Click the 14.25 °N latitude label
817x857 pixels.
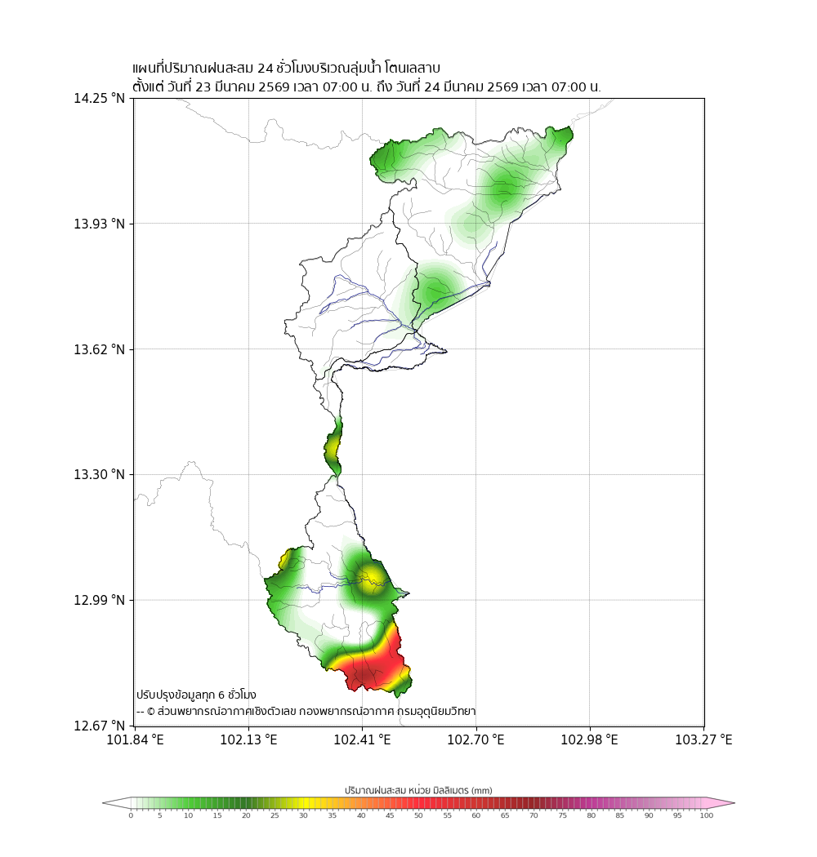click(100, 99)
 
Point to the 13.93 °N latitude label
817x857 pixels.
click(100, 224)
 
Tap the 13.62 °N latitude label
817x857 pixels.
click(100, 349)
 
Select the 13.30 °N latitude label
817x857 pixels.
click(100, 475)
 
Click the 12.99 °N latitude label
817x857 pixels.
click(100, 601)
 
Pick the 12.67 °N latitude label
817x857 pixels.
click(100, 726)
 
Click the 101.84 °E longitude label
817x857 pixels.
click(136, 740)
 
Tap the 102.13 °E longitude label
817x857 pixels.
click(249, 740)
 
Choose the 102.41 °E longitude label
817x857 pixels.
click(363, 740)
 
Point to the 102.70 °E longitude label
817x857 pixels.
click(476, 740)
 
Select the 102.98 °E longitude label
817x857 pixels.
click(590, 740)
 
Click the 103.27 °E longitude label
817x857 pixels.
click(703, 740)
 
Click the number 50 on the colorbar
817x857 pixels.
click(418, 815)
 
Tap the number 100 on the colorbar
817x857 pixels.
click(706, 815)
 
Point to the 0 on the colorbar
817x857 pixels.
click(131, 815)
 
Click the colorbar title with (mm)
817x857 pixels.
click(418, 790)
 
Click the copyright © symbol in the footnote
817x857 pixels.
click(150, 712)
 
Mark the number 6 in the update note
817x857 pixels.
click(221, 695)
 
